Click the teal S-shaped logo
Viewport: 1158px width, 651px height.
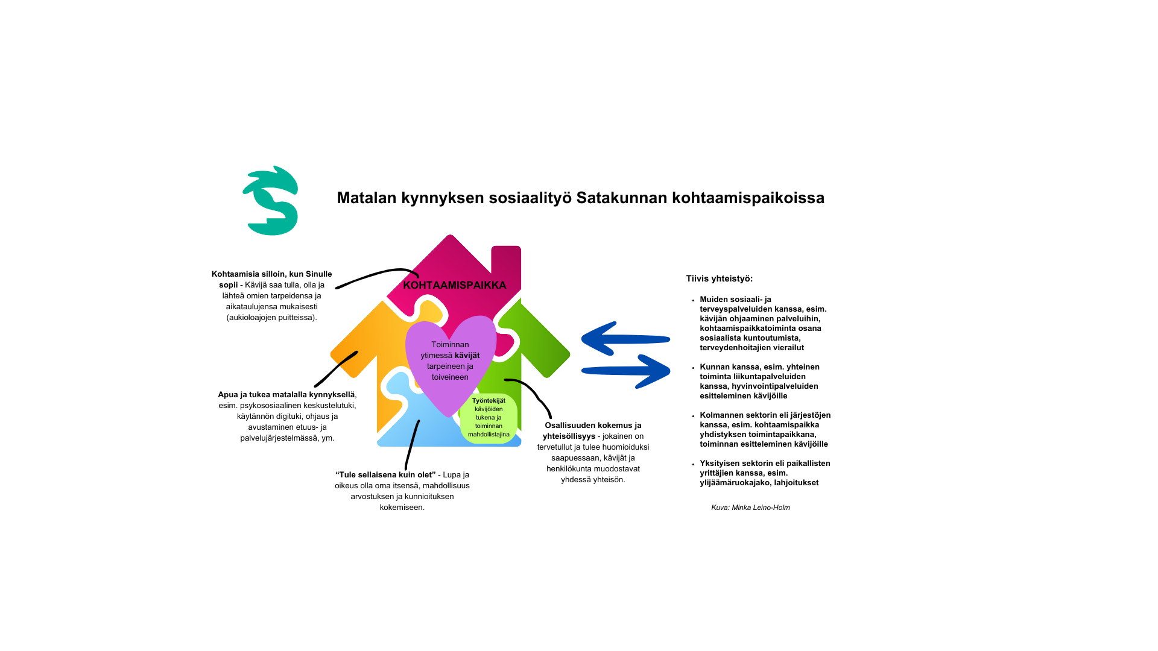(x=271, y=201)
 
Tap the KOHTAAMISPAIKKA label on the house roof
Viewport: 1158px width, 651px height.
(x=455, y=285)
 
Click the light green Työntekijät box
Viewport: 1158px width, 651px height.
(x=489, y=418)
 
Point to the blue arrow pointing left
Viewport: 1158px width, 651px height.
(x=625, y=339)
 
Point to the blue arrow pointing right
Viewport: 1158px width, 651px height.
(x=626, y=371)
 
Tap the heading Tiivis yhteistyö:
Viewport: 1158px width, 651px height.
(x=719, y=278)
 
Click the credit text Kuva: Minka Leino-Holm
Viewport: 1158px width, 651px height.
(x=750, y=508)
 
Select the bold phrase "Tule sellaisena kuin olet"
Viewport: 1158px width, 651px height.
(x=385, y=475)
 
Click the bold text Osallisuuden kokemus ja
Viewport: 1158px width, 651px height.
(x=593, y=426)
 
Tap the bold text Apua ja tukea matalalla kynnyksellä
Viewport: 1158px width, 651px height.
(x=286, y=395)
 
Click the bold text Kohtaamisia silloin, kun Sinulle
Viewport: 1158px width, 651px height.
(x=272, y=274)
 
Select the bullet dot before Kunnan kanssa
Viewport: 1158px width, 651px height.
(x=693, y=368)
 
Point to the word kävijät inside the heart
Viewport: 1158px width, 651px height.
(x=467, y=356)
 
